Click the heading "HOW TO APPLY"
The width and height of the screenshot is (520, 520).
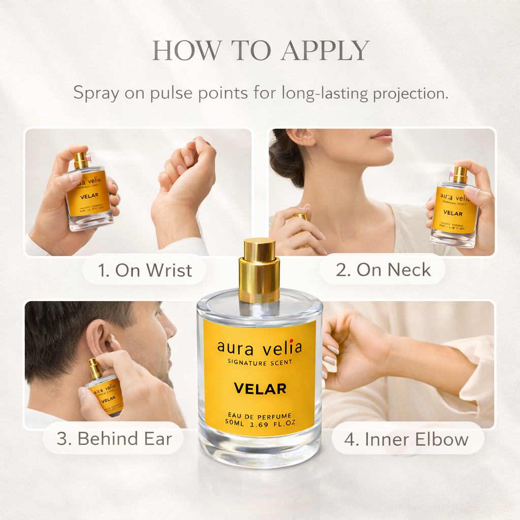[261, 51]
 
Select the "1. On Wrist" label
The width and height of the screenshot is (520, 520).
[145, 270]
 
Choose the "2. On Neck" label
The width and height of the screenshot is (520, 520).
[383, 270]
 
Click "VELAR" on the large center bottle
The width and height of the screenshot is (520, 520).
[260, 389]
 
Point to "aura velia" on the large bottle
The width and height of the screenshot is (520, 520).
[259, 348]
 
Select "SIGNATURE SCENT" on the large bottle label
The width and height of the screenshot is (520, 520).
[259, 362]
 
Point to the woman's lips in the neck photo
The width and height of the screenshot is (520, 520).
[382, 136]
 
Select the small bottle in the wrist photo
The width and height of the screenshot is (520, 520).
[88, 193]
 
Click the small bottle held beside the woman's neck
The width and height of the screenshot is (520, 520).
[455, 208]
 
